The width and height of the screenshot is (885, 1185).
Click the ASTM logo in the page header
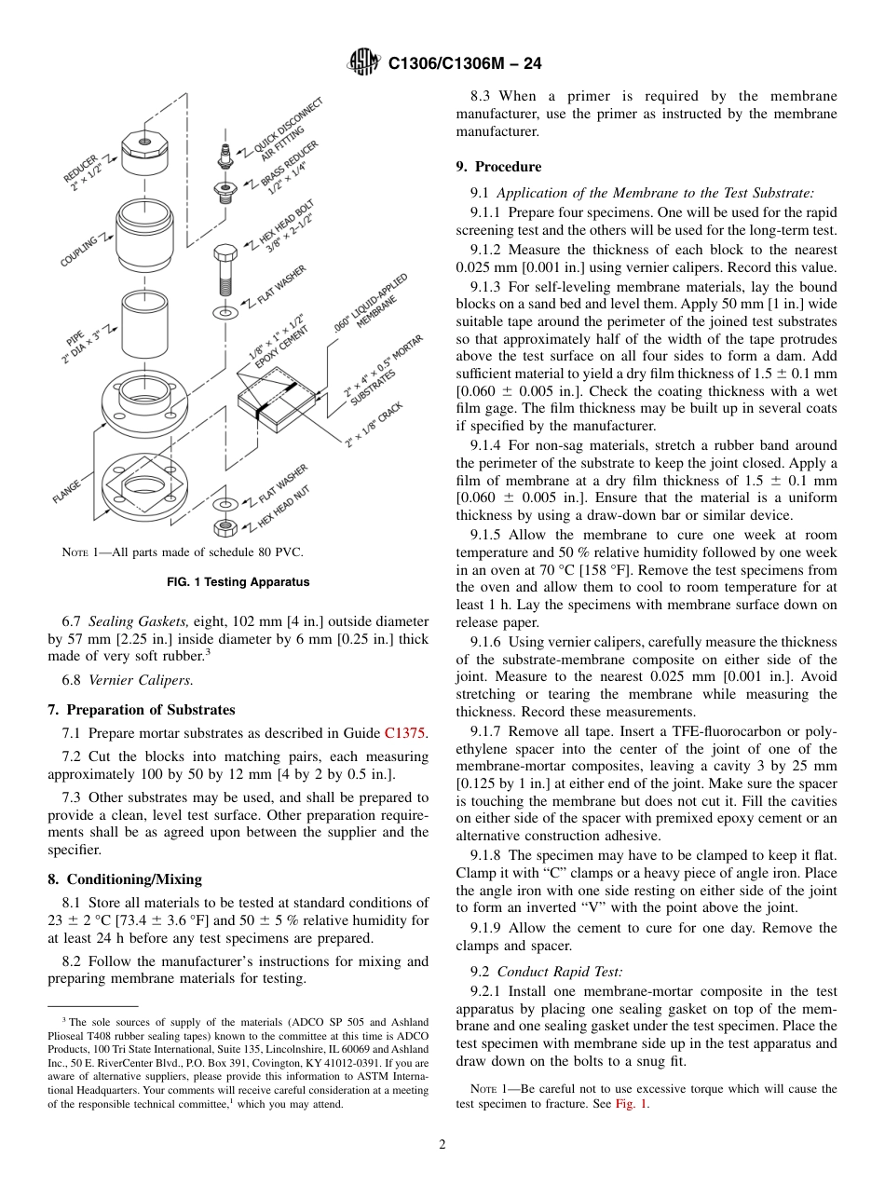tap(363, 62)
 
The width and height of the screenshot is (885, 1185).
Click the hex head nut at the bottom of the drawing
tap(225, 528)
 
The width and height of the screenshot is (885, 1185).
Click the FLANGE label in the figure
tap(66, 491)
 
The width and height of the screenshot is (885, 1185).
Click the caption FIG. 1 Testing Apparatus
tap(238, 582)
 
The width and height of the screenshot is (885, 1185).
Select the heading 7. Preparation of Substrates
tap(141, 710)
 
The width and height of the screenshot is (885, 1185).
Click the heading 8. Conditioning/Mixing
tap(125, 879)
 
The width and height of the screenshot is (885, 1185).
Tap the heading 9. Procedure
tap(498, 167)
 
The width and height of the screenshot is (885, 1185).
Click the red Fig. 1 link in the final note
tap(631, 1104)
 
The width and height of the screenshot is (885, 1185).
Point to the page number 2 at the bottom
tap(442, 1145)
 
